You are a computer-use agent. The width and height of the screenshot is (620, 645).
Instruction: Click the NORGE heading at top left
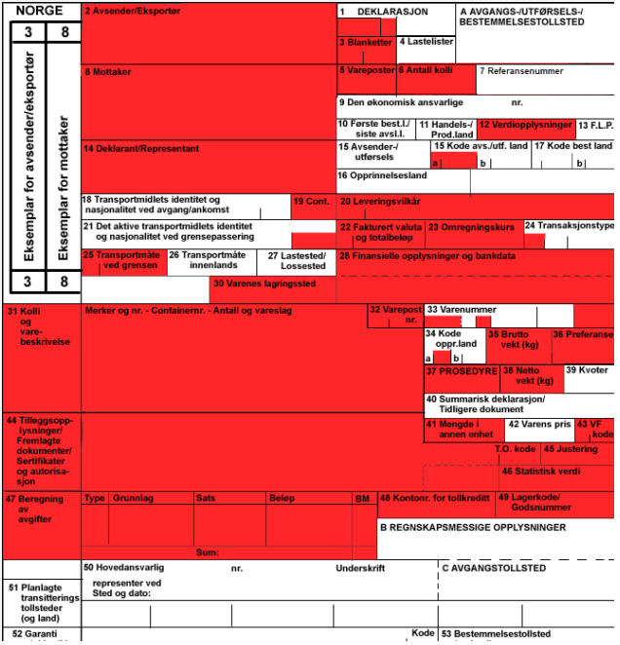coord(40,10)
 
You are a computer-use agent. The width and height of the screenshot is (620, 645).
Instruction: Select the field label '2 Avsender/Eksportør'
coord(132,12)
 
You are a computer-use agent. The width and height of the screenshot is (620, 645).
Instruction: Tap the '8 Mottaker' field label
coord(108,72)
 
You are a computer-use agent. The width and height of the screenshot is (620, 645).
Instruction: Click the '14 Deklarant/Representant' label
coord(141,149)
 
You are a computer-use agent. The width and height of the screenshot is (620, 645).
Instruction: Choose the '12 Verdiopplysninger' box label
coord(525,126)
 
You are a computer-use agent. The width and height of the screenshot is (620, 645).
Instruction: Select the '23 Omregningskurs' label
coord(471,227)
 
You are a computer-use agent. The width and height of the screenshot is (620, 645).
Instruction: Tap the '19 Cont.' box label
coord(312,202)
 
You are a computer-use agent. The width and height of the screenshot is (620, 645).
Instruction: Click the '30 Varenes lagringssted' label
coord(264,285)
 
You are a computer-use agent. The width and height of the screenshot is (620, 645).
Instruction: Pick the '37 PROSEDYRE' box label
coord(461,371)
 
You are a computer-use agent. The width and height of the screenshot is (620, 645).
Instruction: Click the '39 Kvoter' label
coord(587,371)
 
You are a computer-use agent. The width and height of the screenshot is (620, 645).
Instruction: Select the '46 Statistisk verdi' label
coord(540,472)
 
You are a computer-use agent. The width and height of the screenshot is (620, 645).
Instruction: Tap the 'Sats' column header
coord(206,498)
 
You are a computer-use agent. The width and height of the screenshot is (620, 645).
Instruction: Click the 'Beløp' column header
coord(282,498)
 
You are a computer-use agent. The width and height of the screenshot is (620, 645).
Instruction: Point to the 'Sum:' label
coord(207,552)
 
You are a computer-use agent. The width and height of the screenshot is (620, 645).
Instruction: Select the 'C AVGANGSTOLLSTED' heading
coord(493,567)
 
